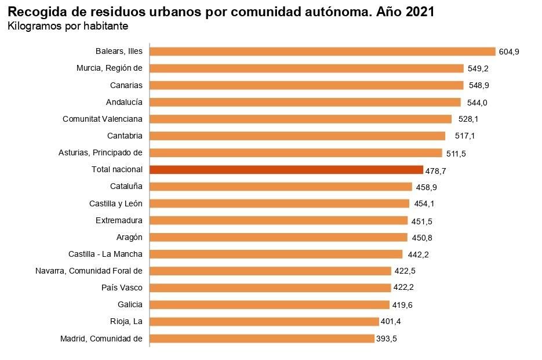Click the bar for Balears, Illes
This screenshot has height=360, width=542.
click(x=322, y=52)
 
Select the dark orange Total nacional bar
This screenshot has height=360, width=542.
click(x=286, y=170)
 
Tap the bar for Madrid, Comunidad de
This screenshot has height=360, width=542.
click(x=262, y=339)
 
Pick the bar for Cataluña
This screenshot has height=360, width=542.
click(x=281, y=187)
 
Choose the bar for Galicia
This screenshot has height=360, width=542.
click(x=270, y=305)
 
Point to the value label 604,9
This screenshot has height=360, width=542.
click(x=509, y=52)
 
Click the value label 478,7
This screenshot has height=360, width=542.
click(x=436, y=171)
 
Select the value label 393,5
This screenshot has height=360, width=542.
click(x=386, y=339)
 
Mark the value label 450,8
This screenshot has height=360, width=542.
click(x=421, y=238)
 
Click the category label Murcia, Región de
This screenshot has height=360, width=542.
click(x=109, y=68)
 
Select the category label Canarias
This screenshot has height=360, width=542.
click(x=126, y=85)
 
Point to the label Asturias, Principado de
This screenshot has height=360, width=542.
click(x=100, y=153)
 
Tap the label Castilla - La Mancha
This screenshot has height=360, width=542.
click(x=105, y=254)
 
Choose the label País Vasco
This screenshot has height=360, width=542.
click(x=122, y=288)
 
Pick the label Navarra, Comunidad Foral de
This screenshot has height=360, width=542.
click(x=89, y=271)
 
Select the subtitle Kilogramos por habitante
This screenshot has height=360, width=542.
click(x=68, y=27)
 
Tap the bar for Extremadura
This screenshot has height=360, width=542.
click(x=278, y=221)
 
